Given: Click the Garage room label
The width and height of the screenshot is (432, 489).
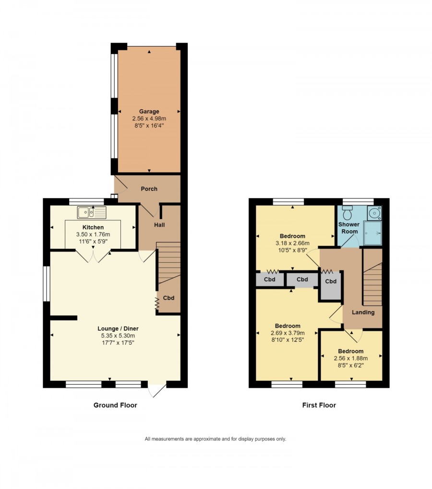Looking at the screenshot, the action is (149, 111).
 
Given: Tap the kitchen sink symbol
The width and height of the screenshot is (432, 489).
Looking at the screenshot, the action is (92, 212).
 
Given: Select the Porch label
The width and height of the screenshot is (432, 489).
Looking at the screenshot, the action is (149, 189).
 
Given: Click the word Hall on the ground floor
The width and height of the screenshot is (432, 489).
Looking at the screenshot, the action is (159, 225).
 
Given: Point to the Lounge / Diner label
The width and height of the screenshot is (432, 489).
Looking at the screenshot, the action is (118, 328).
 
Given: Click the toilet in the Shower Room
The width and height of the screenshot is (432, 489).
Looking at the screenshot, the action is (347, 213).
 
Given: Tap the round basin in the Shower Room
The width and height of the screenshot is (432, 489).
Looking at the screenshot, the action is (374, 213).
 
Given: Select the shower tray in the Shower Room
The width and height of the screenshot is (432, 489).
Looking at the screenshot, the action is (372, 233).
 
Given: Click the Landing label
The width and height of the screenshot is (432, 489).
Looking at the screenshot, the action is (363, 312).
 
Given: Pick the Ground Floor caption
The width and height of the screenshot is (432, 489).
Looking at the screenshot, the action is (115, 405).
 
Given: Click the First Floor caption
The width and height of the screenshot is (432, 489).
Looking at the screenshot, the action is (319, 405).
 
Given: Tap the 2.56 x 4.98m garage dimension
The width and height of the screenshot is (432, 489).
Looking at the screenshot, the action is (149, 118).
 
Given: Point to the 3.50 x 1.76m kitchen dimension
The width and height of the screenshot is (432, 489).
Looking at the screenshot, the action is (93, 234).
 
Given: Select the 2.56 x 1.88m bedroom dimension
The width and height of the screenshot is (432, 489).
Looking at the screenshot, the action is (350, 358).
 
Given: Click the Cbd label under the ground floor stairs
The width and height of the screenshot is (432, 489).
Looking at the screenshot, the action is (168, 298).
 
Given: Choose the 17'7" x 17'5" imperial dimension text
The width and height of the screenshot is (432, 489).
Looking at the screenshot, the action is (118, 343).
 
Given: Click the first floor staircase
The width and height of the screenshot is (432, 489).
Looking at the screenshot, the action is (372, 277).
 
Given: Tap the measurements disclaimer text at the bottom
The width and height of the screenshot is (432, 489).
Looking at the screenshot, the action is (216, 439).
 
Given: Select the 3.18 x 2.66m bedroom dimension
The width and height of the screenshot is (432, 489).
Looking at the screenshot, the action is (292, 243).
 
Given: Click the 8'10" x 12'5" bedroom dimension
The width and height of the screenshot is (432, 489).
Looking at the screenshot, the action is (288, 340).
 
